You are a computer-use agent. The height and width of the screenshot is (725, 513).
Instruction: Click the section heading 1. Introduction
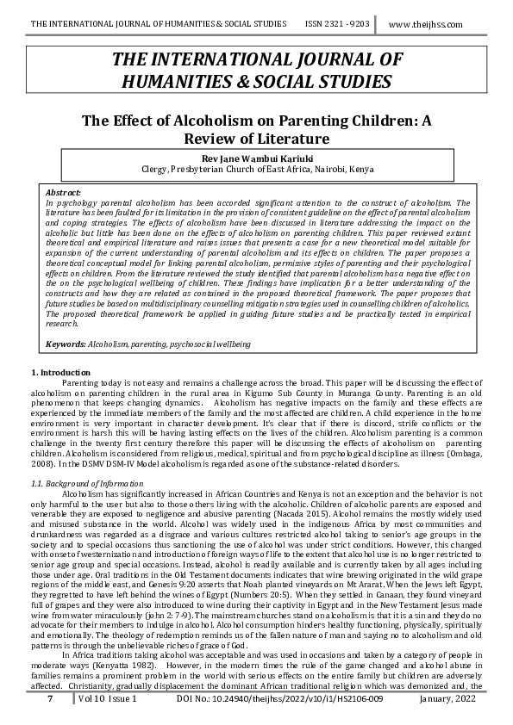pyautogui.click(x=54, y=371)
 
